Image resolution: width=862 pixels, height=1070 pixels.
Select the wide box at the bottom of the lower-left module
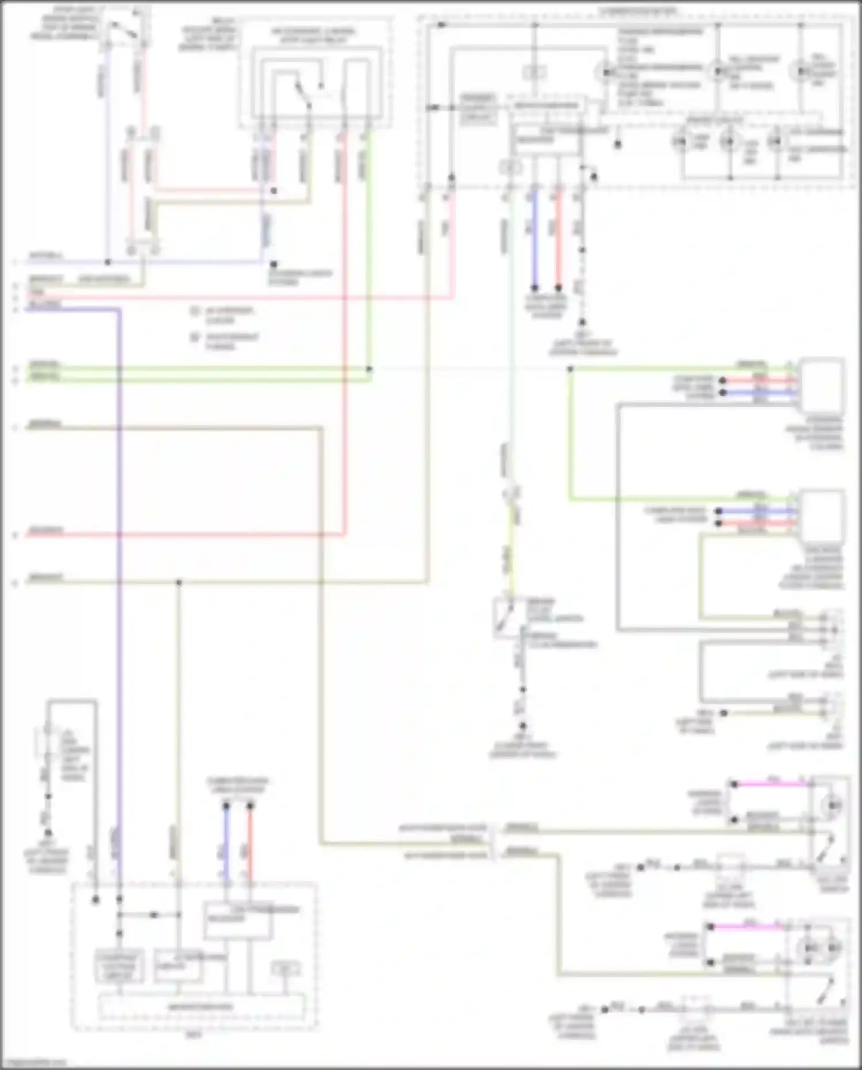(201, 1007)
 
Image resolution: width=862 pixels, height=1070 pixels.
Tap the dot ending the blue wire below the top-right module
(534, 287)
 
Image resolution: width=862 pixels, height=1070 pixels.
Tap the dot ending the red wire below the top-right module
(558, 287)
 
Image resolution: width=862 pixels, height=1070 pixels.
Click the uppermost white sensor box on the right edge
(822, 382)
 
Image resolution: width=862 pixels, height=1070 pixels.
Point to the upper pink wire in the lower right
(770, 784)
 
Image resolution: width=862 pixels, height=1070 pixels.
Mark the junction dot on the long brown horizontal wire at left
(179, 582)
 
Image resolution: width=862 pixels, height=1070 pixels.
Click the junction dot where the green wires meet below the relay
(369, 369)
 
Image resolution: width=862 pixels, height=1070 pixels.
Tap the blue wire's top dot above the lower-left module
(226, 807)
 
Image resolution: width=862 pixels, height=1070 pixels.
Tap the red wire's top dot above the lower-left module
(250, 807)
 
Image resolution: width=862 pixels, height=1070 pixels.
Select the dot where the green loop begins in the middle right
(570, 369)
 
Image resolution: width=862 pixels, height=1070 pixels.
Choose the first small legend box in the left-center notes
(195, 311)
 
